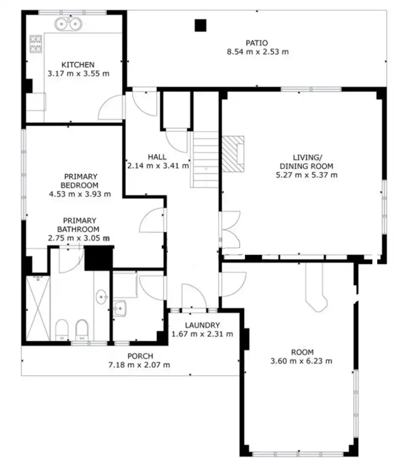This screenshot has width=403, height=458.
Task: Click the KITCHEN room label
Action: [78, 64]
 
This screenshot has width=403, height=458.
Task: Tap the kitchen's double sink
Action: [68, 24]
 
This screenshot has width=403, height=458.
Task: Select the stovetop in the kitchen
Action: [36, 44]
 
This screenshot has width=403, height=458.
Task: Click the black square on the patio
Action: [201, 25]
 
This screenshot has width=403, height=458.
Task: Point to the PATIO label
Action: [257, 43]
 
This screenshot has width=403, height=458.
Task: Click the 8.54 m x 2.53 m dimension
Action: [258, 52]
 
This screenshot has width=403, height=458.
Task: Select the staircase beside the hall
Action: [205, 159]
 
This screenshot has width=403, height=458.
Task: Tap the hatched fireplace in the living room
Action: [233, 154]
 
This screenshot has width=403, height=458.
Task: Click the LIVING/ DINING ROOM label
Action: [307, 162]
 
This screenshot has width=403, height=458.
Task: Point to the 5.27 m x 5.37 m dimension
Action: [307, 175]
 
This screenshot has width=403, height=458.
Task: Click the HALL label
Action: [157, 157]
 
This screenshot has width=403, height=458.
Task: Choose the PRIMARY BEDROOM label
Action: [79, 181]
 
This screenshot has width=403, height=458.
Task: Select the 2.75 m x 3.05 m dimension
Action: [79, 238]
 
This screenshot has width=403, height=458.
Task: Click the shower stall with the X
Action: [38, 308]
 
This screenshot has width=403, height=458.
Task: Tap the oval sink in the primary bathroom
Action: [101, 297]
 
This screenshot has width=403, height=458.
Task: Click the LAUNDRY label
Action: [202, 325]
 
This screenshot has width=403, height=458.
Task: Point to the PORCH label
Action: [140, 356]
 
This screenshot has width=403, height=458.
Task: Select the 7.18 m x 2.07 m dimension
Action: [139, 365]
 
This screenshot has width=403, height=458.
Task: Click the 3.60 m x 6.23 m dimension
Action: [301, 361]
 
